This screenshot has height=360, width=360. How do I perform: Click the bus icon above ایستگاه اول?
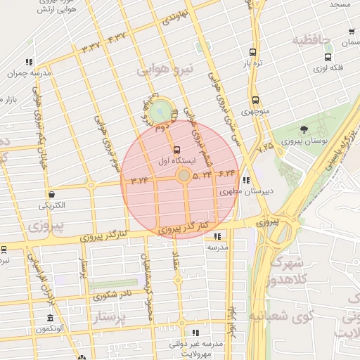pyautogui.click(x=176, y=150)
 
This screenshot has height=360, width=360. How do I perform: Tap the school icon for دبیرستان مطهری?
pyautogui.click(x=245, y=179)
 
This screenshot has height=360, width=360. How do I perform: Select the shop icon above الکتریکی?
pyautogui.click(x=52, y=194)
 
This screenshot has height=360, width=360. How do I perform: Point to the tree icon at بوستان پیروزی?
pyautogui.click(x=303, y=129)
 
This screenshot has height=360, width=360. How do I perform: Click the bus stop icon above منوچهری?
pyautogui.click(x=254, y=100)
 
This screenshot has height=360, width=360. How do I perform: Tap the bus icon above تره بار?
pyautogui.click(x=252, y=52)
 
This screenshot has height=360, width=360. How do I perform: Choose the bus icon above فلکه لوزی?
pyautogui.click(x=328, y=57)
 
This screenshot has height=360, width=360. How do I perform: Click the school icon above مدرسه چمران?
pyautogui.click(x=28, y=62)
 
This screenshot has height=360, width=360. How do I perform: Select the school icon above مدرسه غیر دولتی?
pyautogui.click(x=195, y=333)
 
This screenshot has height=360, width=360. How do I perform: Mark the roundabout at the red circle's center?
pyautogui.click(x=183, y=175)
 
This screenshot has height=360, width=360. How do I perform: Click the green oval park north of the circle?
pyautogui.click(x=161, y=110)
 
